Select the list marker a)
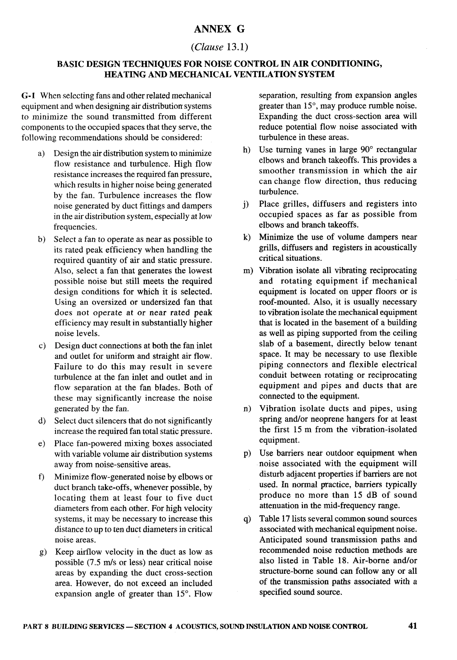pyautogui.click(x=42, y=153)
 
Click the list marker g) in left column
pyautogui.click(x=43, y=552)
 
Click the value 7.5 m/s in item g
pyautogui.click(x=102, y=562)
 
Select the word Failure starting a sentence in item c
pyautogui.click(x=68, y=367)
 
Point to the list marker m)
pyautogui.click(x=248, y=271)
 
